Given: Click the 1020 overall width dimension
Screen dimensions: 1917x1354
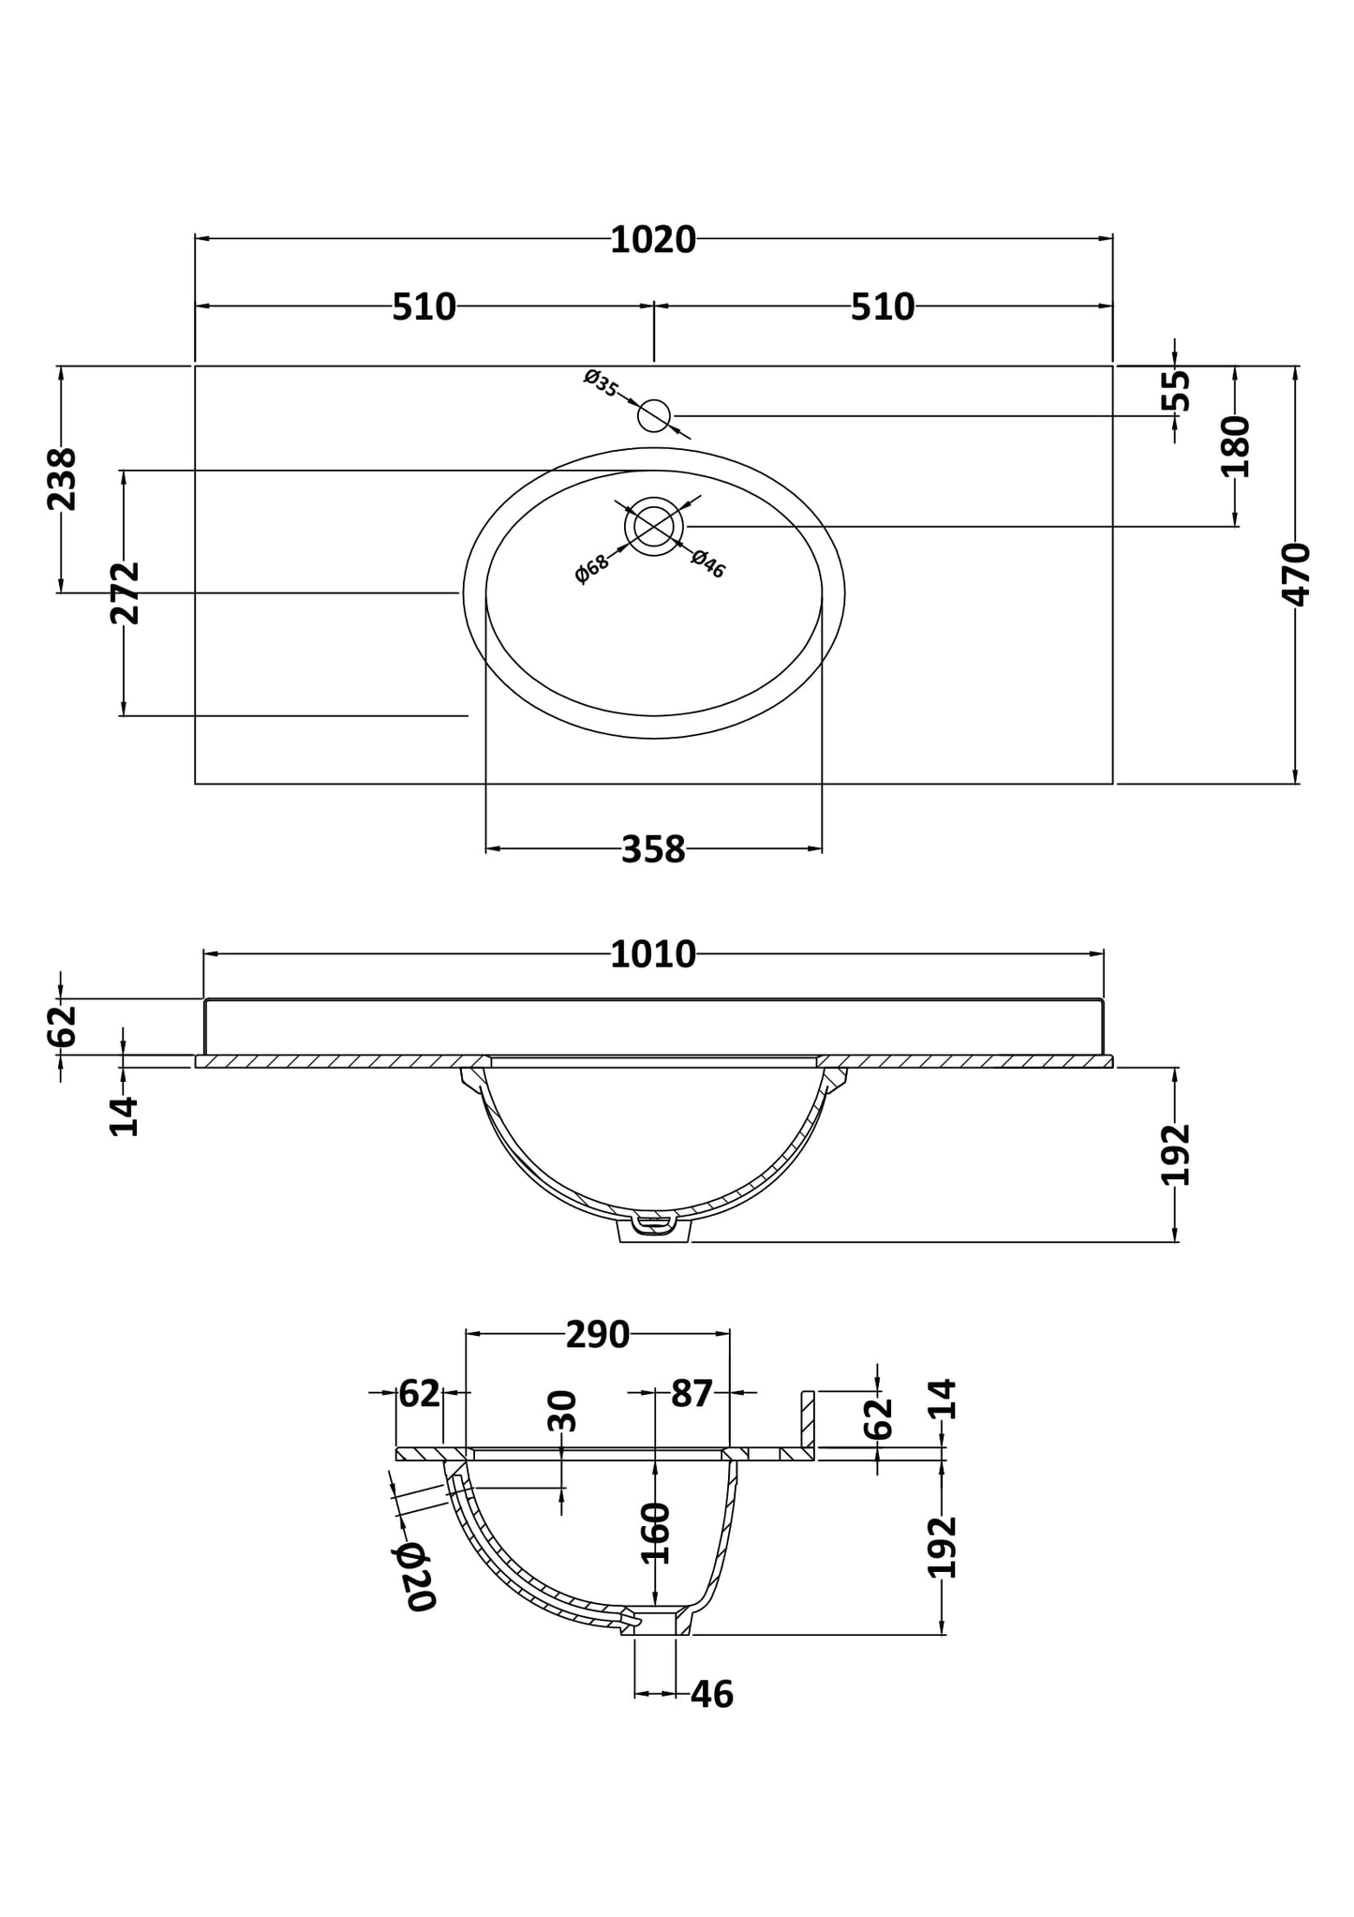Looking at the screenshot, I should [653, 241].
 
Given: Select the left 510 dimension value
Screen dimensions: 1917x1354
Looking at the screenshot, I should [424, 307].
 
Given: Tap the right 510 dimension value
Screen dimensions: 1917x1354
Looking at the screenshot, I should [882, 307].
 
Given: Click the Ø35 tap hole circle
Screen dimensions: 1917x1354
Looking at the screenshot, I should [654, 415].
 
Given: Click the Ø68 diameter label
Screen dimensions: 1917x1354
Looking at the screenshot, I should [591, 568].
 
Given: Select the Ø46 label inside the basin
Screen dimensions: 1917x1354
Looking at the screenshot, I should [708, 563].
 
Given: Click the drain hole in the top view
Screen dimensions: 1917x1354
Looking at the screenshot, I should [654, 526].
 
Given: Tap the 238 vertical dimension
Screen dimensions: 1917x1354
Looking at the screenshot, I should [63, 479].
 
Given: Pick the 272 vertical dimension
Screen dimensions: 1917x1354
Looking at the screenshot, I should [125, 592].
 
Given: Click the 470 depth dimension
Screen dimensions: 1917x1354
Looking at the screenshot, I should [1297, 574].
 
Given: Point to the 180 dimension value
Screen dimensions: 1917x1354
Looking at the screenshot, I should [1236, 446].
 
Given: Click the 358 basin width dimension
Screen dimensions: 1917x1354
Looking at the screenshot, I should [653, 850].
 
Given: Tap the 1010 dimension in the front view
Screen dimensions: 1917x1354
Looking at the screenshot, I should [653, 955].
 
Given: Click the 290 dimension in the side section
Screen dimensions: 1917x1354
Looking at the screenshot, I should [598, 1335].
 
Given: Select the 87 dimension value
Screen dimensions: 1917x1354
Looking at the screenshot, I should [692, 1394].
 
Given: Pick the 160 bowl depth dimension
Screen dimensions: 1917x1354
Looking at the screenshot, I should [655, 1533].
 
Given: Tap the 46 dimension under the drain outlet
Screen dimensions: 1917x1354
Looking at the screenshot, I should [712, 1695].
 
